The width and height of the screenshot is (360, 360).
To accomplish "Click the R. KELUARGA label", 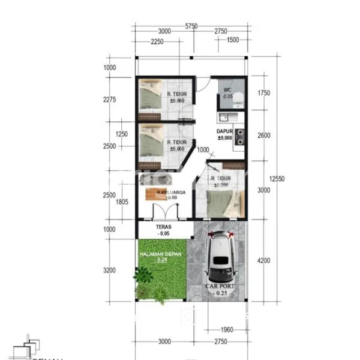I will tap(171, 193).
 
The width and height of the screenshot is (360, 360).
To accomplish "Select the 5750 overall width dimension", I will tap(191, 26).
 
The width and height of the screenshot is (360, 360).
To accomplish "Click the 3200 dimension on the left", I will tap(109, 271).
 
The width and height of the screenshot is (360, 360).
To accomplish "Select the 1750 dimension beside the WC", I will tap(264, 93).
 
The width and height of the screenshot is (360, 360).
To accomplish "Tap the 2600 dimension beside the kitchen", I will tap(264, 136).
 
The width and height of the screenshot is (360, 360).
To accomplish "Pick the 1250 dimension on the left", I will tap(122, 134).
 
